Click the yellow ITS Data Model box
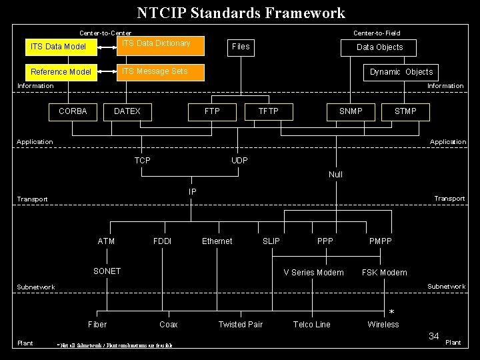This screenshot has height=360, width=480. (x=59, y=47)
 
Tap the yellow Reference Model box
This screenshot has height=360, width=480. (x=61, y=71)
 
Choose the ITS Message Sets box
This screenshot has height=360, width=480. (x=160, y=71)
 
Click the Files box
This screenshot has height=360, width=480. (x=240, y=47)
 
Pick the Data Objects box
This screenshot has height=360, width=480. (x=379, y=47)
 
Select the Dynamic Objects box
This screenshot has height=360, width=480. (x=401, y=72)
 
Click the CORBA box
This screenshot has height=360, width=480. (x=73, y=111)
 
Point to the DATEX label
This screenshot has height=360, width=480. (x=127, y=111)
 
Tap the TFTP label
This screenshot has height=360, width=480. (x=269, y=111)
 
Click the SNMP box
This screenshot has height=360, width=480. (x=351, y=111)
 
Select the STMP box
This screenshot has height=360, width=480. (x=405, y=111)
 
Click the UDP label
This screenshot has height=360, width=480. (x=239, y=161)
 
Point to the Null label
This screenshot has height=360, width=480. (x=335, y=175)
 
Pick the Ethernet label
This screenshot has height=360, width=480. (x=217, y=241)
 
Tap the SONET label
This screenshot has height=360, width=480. (x=107, y=271)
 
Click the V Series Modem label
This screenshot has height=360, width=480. (x=313, y=272)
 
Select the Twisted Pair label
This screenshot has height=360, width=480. (x=241, y=325)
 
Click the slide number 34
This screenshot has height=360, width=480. (x=433, y=336)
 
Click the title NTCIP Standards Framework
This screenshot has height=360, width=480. (x=241, y=13)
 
